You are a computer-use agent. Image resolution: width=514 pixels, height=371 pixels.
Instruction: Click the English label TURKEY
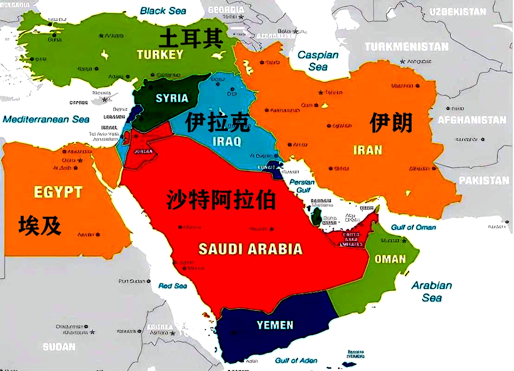click(160, 55)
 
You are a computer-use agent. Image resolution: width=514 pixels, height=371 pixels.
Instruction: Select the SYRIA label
click(172, 98)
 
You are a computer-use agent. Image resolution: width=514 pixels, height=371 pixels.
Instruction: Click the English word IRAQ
click(227, 141)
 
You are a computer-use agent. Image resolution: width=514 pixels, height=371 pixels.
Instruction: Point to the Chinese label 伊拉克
click(218, 123)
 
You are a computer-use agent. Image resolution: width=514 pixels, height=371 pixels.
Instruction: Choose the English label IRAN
click(368, 150)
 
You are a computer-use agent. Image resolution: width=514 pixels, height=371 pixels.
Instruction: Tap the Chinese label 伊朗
click(391, 123)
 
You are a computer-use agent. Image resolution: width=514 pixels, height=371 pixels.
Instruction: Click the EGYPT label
click(58, 192)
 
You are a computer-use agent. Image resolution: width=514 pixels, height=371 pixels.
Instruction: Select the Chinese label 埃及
click(40, 225)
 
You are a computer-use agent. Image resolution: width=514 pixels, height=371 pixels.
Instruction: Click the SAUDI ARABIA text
click(251, 249)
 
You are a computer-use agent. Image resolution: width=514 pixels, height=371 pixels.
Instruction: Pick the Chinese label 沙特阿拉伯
click(221, 200)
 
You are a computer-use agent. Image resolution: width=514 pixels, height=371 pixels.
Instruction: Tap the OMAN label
click(390, 259)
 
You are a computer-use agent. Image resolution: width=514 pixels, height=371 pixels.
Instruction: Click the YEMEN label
click(276, 325)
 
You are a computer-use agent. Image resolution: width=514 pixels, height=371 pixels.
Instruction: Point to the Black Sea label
click(163, 10)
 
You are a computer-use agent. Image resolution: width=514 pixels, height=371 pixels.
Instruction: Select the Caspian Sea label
click(318, 61)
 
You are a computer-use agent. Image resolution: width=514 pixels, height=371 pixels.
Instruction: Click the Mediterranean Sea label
click(46, 120)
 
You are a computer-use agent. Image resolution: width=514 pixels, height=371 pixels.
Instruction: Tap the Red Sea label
click(173, 286)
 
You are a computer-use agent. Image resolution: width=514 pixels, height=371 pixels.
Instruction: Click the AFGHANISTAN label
click(472, 120)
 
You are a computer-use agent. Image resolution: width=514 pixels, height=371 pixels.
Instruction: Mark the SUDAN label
click(59, 346)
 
